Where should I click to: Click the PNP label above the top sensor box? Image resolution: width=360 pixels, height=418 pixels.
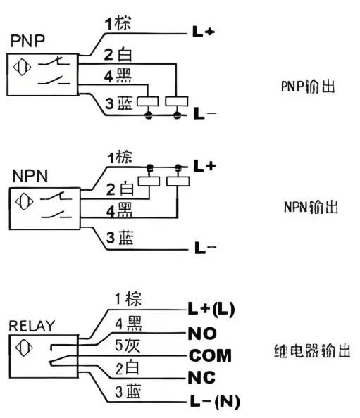(27, 41)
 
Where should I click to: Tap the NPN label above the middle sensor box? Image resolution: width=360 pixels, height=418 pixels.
(30, 176)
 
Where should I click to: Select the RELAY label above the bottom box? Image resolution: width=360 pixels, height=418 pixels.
(32, 326)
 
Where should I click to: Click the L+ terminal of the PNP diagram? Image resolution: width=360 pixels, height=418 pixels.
(204, 32)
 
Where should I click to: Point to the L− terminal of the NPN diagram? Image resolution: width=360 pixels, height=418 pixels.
(205, 248)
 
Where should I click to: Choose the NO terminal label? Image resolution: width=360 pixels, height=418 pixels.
(202, 334)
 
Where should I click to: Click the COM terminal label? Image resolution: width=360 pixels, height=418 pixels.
(210, 355)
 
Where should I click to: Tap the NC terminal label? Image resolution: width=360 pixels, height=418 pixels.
(201, 377)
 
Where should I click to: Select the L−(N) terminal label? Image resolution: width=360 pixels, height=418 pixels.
(215, 401)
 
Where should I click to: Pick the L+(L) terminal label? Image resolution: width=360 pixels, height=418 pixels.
(211, 309)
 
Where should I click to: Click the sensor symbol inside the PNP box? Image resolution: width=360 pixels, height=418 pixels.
(22, 67)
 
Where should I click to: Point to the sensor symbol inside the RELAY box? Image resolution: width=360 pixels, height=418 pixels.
(24, 348)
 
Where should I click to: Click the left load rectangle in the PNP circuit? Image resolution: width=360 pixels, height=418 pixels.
(147, 101)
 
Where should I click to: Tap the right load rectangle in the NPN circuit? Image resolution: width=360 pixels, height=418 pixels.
(178, 182)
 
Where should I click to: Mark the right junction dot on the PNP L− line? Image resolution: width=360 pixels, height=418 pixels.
(178, 115)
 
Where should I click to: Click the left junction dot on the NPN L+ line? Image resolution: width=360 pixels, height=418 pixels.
(150, 167)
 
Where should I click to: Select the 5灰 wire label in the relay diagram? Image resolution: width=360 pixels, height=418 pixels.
(128, 346)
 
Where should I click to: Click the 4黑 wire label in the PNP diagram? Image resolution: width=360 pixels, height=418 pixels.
(118, 76)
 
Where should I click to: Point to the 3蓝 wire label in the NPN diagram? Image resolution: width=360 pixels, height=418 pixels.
(120, 237)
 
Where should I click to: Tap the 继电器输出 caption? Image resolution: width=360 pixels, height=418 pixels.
(312, 351)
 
